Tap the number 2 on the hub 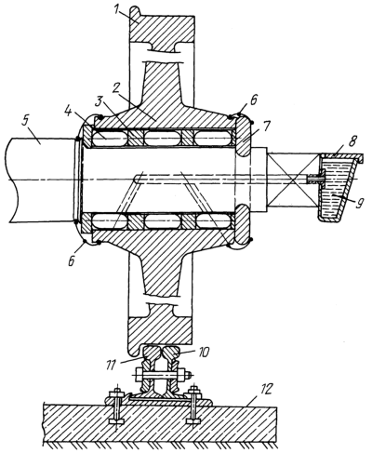(116, 88)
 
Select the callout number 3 (99, 102)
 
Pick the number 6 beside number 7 (253, 101)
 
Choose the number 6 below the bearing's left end (72, 260)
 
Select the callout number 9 (358, 204)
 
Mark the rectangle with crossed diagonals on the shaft (294, 180)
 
